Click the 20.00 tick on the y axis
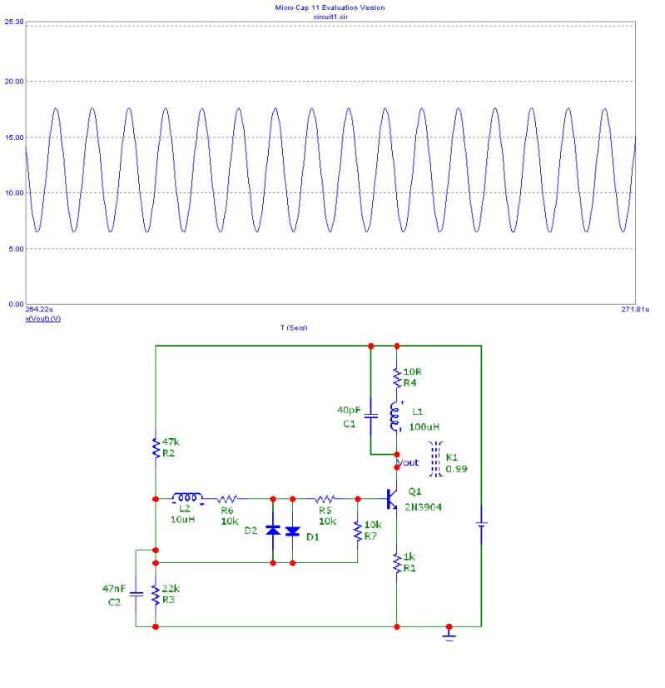point(12,82)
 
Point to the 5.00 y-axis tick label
point(14,249)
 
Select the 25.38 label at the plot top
point(12,21)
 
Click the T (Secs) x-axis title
point(293,327)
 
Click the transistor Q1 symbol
point(391,499)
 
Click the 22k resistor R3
point(156,595)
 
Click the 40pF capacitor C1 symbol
point(370,414)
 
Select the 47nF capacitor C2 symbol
point(136,594)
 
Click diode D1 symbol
point(292,531)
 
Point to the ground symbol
point(449,635)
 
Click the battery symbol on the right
point(481,524)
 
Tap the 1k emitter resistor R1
point(397,564)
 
